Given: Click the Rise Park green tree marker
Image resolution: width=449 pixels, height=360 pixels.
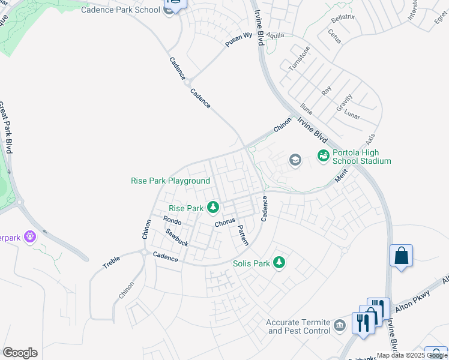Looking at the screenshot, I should point(212,208).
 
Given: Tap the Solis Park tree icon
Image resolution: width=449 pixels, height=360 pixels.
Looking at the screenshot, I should point(279,263).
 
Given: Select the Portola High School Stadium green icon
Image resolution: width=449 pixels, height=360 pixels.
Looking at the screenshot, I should point(324,156).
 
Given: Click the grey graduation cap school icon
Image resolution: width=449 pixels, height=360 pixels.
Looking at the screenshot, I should point(295,160).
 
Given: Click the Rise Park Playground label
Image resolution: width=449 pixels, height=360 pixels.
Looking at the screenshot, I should point(170,181).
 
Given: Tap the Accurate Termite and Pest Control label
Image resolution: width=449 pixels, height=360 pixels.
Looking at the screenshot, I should point(299,326).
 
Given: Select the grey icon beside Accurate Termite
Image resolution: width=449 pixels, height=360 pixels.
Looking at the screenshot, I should point(340,326).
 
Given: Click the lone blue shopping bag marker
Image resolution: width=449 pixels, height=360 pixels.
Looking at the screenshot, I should point(401,256).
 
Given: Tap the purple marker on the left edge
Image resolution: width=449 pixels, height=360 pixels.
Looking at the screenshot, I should point(30,237).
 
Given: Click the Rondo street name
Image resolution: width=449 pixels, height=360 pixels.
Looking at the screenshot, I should point(172,221).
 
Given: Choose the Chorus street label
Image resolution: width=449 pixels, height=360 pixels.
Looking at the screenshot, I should point(224,223).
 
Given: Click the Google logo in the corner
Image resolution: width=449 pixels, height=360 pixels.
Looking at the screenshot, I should point(20,353).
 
